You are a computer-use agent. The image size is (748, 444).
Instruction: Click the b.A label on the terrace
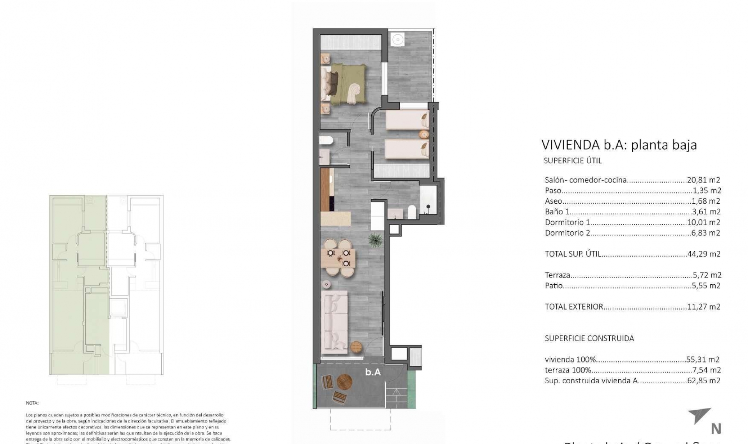click(373, 372)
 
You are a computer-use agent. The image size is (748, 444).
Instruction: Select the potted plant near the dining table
click(375, 240)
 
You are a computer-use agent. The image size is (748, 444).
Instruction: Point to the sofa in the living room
click(334, 323)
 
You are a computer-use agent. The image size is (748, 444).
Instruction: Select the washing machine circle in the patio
click(397, 39)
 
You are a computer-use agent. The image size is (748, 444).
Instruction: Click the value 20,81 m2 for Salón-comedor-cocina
click(704, 180)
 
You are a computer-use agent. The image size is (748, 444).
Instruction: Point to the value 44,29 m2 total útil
click(704, 254)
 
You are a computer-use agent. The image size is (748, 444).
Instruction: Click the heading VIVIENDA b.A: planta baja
click(619, 145)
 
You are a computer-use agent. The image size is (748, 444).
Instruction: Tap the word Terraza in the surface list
click(557, 275)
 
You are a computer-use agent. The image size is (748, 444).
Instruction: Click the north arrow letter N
click(716, 429)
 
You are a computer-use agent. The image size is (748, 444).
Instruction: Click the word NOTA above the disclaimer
click(32, 403)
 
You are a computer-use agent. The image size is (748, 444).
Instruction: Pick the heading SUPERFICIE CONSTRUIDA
click(589, 338)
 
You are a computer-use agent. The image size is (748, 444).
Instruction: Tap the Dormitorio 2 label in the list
click(567, 233)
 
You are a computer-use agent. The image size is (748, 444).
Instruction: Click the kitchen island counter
click(335, 218)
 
